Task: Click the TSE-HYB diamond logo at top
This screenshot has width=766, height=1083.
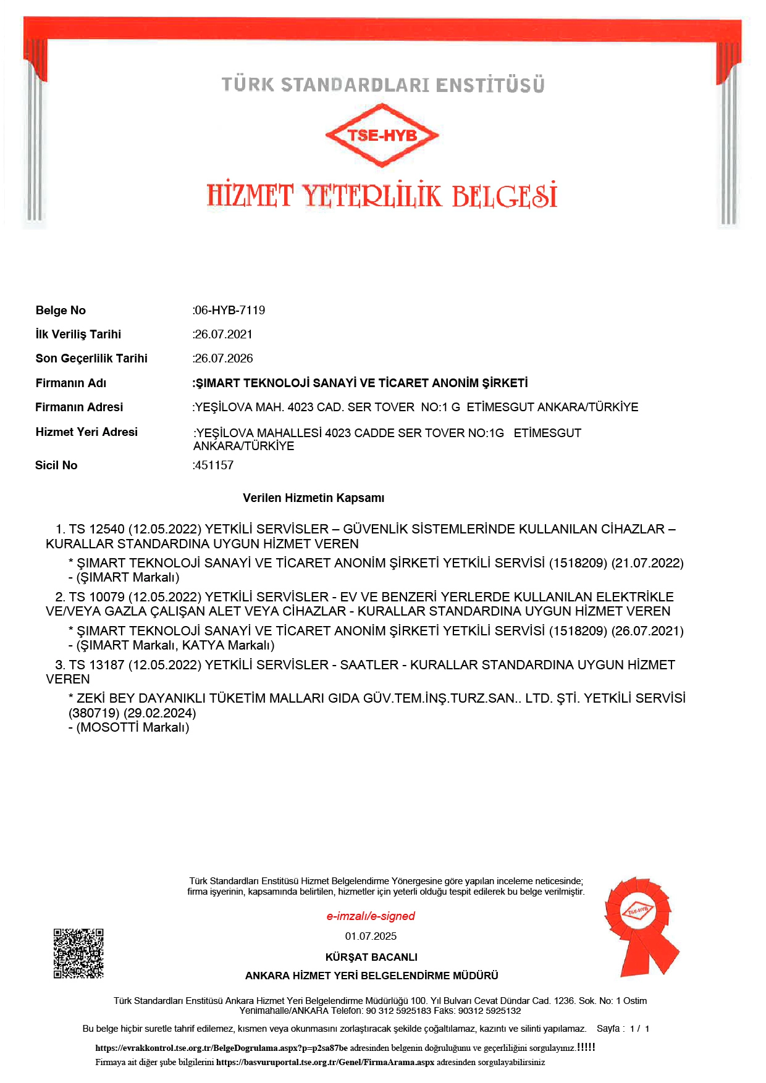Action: pos(382,135)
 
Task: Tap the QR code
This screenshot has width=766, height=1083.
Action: pos(78,953)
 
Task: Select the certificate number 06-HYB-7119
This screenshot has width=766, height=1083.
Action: pos(230,310)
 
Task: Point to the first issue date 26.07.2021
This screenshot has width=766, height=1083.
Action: pos(224,334)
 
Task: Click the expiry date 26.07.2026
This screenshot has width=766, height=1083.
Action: pos(224,358)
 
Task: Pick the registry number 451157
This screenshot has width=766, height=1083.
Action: pos(214,465)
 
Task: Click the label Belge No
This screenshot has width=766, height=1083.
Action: pos(61,310)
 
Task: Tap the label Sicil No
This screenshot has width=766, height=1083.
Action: pos(56,465)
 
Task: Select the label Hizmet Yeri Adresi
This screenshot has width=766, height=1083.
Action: pos(86,432)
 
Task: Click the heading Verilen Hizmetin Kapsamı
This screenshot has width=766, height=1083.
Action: pos(313,498)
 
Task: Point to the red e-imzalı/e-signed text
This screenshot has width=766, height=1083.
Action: pos(371,916)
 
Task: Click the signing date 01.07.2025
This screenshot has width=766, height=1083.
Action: pos(371,936)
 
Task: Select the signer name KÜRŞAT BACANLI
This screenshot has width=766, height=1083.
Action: pos(371,957)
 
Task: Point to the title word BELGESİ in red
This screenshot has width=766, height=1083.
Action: pos(504,196)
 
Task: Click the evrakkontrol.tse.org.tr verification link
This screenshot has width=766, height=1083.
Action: pos(221,1048)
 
